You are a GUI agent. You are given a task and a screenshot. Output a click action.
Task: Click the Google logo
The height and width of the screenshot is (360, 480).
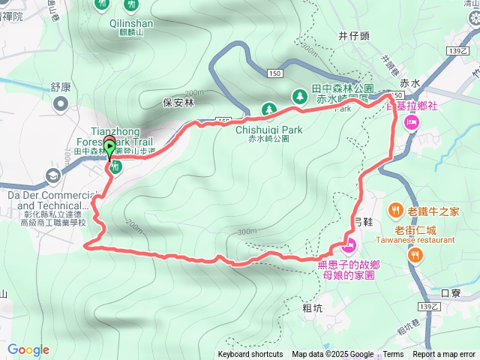[28, 349]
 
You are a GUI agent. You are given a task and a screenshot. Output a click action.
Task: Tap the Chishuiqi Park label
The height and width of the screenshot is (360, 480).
[268, 130]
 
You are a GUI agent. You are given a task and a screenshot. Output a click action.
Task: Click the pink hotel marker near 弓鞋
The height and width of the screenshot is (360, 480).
[348, 244]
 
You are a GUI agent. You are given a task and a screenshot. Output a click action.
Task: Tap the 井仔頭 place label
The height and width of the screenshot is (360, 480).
[352, 35]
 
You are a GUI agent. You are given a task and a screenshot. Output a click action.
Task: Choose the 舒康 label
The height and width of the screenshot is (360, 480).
[61, 86]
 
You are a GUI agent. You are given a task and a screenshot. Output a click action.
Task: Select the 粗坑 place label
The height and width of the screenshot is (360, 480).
[313, 307]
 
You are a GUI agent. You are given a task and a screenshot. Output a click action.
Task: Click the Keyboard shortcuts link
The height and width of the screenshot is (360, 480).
[250, 355]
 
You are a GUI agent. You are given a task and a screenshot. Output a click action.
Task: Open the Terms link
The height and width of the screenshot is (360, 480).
[393, 355]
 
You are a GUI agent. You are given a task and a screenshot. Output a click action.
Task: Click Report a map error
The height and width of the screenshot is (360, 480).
[445, 355]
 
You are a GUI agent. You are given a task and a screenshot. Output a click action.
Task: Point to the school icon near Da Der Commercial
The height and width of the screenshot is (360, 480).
[53, 175]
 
